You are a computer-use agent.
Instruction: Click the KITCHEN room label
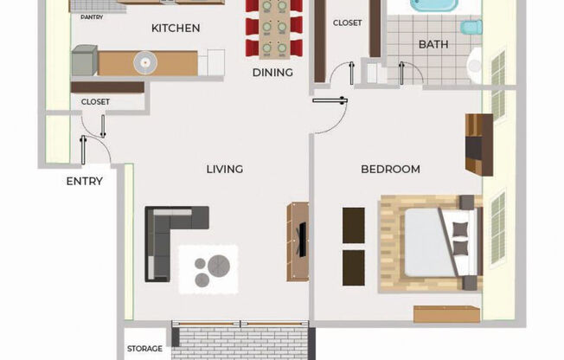click(x=176, y=28)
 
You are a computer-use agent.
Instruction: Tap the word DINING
click(x=272, y=73)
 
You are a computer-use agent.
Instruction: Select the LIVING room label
click(x=225, y=170)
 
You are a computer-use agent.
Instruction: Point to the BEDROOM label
click(x=391, y=170)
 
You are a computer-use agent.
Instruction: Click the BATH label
click(x=433, y=45)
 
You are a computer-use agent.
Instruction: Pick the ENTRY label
click(x=85, y=181)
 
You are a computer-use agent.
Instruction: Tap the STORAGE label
click(x=144, y=349)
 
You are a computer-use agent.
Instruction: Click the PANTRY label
click(x=92, y=17)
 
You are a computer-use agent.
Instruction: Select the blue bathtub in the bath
click(x=434, y=5)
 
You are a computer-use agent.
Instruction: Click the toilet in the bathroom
click(x=471, y=28)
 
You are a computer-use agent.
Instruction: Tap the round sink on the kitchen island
click(x=145, y=63)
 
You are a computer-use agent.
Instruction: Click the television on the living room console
click(x=303, y=240)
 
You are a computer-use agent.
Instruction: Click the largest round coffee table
click(x=219, y=266)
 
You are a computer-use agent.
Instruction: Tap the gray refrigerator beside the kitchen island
click(x=85, y=60)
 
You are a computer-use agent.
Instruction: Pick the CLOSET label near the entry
click(x=95, y=102)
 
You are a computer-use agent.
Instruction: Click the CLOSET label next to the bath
click(x=348, y=22)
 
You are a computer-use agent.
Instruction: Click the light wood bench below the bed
click(x=446, y=314)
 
